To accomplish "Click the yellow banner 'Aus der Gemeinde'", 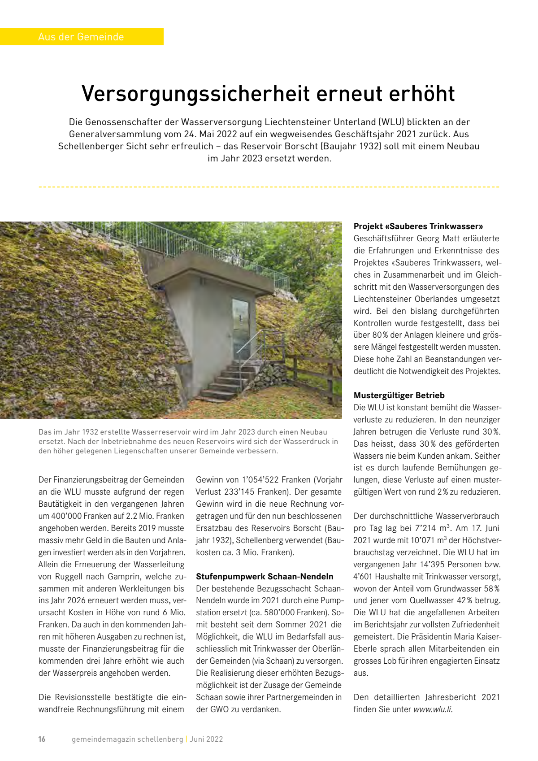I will pyautogui.click(x=81, y=37).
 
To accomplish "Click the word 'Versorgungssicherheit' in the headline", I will pyautogui.click(x=196, y=94).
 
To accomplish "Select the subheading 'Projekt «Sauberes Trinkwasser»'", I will pyautogui.click(x=418, y=226).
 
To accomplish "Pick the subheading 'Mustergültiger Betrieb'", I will pyautogui.click(x=399, y=396).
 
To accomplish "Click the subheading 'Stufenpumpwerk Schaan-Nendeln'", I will pyautogui.click(x=265, y=577).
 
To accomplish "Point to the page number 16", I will pyautogui.click(x=42, y=739).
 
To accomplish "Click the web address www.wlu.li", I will pyautogui.click(x=432, y=709).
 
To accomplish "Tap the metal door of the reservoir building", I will pyautogui.click(x=241, y=328).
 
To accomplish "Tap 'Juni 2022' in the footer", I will pyautogui.click(x=206, y=739).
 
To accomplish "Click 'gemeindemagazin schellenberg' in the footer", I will pyautogui.click(x=127, y=739).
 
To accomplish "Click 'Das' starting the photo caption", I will pyautogui.click(x=45, y=432).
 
